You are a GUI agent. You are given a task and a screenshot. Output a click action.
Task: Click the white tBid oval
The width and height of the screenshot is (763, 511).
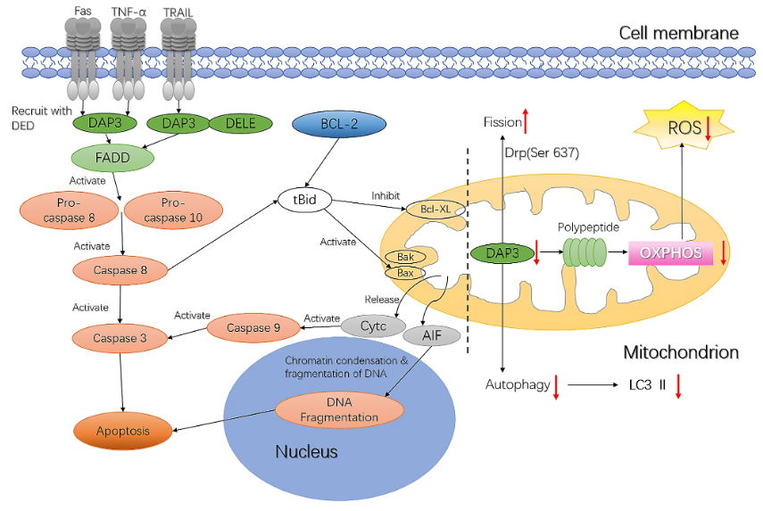click(304, 199)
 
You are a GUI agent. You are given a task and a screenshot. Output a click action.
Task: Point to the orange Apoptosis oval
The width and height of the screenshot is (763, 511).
click(122, 432)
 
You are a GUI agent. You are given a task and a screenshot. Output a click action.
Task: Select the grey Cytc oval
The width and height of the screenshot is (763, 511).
click(374, 326)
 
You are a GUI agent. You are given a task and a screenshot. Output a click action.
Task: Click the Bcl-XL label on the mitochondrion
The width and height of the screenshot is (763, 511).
click(431, 210)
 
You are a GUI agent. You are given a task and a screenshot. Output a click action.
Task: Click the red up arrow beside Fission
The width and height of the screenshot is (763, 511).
click(527, 120)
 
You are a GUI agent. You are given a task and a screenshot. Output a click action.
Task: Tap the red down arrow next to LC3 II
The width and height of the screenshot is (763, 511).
click(678, 386)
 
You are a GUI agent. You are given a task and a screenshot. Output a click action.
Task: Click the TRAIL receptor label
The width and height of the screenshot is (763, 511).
click(178, 12)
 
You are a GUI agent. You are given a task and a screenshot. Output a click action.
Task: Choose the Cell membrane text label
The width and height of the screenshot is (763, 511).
click(678, 33)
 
